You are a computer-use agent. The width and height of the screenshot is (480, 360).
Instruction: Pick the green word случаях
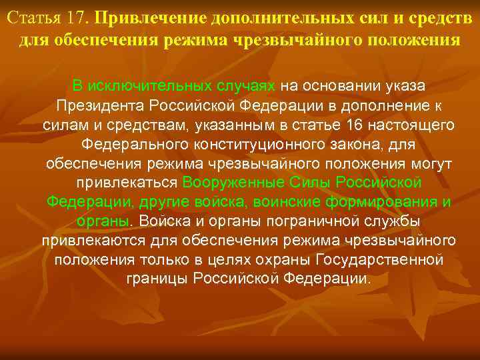click(247, 86)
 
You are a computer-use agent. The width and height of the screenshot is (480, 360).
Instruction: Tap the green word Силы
click(312, 183)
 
